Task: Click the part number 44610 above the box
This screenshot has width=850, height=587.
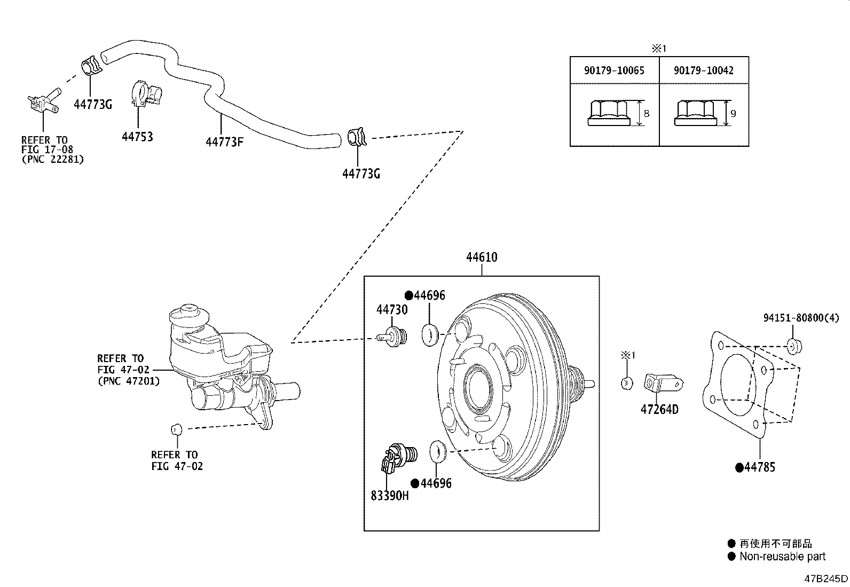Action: point(482,257)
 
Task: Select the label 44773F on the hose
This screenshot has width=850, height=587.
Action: point(225,142)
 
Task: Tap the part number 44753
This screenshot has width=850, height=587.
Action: point(137,137)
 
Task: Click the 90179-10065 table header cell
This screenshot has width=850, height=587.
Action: point(614,70)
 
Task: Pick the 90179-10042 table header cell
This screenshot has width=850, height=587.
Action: point(703,70)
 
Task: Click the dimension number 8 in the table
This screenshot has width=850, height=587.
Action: point(646,113)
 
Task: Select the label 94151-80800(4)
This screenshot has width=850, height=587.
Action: point(801,318)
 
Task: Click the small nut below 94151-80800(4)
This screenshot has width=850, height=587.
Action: point(793,346)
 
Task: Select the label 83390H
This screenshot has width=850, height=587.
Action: point(390,495)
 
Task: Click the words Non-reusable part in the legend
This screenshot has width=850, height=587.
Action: point(782,557)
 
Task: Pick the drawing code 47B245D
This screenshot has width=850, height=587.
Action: point(827,579)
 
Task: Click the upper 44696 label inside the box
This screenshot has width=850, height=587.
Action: point(429,295)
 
